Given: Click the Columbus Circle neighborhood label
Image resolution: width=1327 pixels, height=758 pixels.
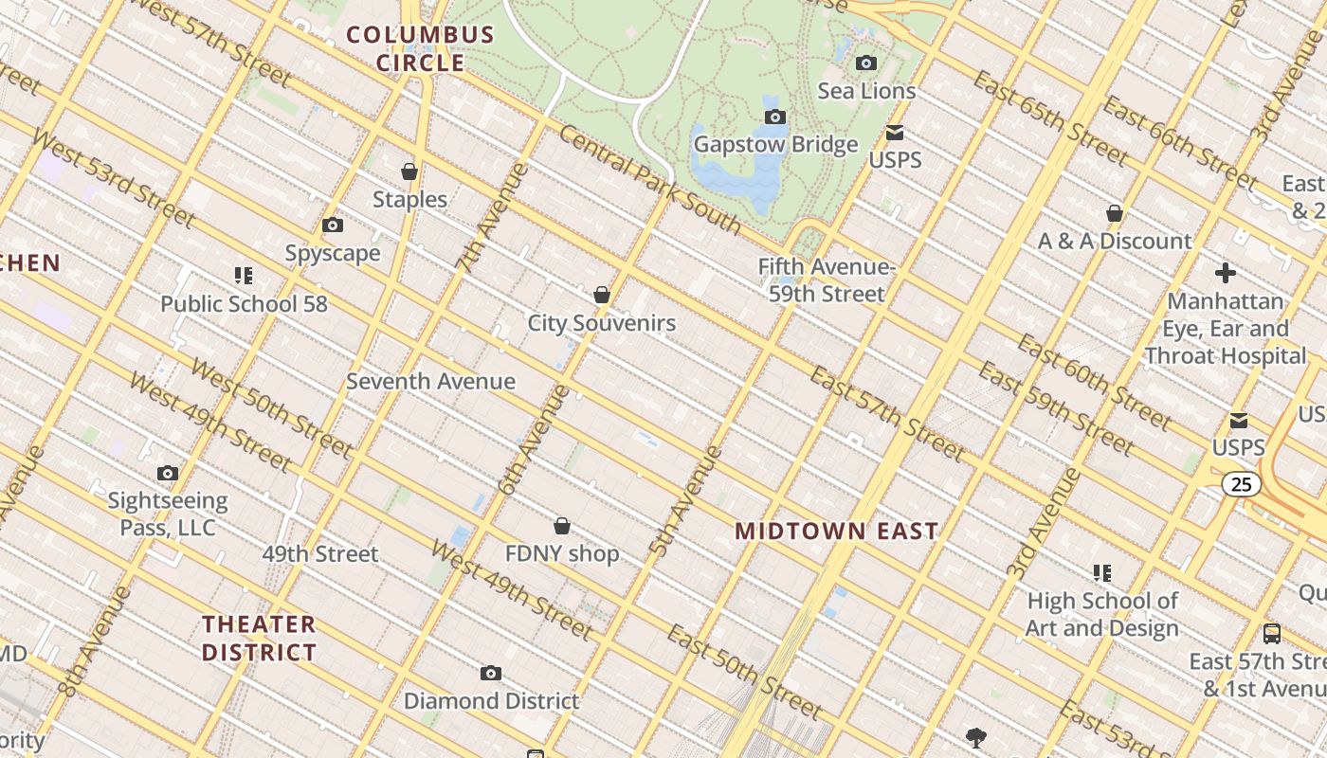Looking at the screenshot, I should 420,49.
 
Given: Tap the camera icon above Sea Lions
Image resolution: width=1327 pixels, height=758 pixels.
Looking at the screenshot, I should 865,63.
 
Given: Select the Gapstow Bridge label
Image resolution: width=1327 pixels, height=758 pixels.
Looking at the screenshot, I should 775,145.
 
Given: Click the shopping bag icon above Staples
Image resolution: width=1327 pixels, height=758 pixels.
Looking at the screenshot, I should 409,171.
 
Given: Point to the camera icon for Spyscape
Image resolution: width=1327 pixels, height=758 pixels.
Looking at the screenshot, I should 333,226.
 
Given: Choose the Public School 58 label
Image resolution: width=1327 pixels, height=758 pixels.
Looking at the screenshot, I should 244,304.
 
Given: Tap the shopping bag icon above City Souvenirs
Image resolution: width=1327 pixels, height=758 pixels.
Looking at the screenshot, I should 601,296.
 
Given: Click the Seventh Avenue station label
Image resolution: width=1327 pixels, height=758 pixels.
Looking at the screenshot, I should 430,382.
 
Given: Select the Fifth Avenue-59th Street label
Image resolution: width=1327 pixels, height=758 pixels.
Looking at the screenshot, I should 827,280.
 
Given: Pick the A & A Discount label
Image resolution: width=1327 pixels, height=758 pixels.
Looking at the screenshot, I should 1115,242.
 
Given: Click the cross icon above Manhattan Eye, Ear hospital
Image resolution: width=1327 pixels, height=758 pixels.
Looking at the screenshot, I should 1226,274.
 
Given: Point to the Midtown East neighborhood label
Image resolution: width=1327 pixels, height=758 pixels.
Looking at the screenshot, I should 837,532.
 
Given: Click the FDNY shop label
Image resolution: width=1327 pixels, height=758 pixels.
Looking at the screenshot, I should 562,554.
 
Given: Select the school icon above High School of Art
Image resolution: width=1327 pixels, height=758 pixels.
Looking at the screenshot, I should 1101,573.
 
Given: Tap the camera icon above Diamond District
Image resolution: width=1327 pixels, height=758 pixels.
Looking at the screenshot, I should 490,674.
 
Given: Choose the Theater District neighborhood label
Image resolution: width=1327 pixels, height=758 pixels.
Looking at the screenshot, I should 259,639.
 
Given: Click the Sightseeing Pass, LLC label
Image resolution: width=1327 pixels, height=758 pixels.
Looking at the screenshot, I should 168,514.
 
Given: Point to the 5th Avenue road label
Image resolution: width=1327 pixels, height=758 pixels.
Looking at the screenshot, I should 685,499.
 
